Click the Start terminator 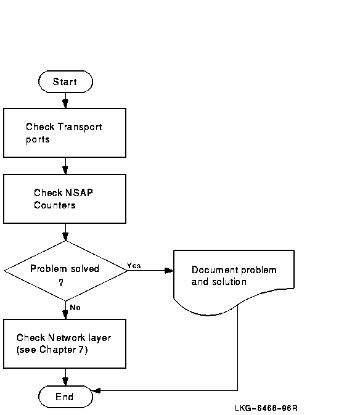[x=65, y=81]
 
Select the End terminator [x=65, y=397]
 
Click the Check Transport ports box [x=65, y=133]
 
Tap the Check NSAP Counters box [x=65, y=199]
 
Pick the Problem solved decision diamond [x=65, y=271]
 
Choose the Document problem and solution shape [x=234, y=281]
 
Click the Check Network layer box [x=65, y=343]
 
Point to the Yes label [x=134, y=265]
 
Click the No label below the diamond [x=75, y=307]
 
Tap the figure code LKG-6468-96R [x=266, y=408]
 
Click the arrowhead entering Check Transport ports [x=65, y=104]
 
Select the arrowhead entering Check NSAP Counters [x=65, y=170]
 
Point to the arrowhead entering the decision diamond [x=65, y=237]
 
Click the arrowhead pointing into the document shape [x=169, y=271]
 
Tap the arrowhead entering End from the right [x=96, y=390]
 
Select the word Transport [x=80, y=127]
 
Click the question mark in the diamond [x=61, y=282]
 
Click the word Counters [x=55, y=205]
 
